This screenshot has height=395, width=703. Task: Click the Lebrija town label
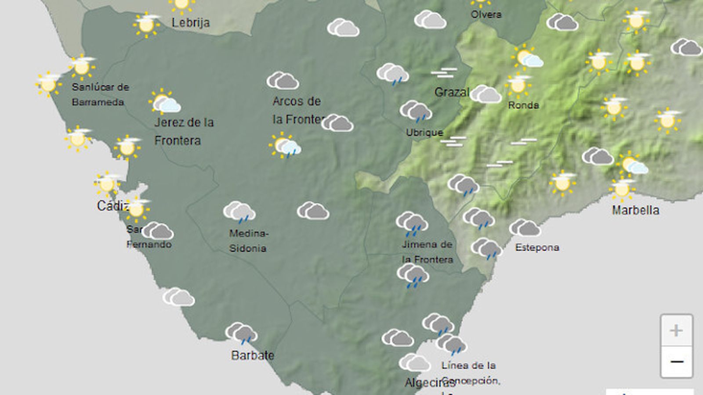pos(190,22)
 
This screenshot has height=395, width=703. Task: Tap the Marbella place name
pos(635,210)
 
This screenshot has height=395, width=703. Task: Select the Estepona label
pos(537,248)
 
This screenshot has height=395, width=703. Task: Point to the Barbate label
pos(252,355)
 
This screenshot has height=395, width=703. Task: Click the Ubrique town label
pos(424,133)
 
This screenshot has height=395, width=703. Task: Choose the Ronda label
pos(523,105)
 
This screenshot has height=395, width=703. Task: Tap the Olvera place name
pos(486,14)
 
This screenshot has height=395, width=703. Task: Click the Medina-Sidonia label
pos(248,241)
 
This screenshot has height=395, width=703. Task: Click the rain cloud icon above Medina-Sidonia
pos(239,212)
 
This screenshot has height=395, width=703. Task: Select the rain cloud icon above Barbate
pos(241,333)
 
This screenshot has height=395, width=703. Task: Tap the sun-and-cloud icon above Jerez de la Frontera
pos(164,102)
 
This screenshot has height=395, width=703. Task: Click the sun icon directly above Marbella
pos(622,188)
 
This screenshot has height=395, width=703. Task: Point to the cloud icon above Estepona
pos(525,228)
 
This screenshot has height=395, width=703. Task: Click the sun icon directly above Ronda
pos(518,84)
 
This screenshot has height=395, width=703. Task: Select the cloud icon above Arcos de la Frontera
pos(283,80)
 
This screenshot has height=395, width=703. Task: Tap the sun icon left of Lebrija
pos(146,24)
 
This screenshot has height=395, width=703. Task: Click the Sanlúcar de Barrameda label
pos(100,94)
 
